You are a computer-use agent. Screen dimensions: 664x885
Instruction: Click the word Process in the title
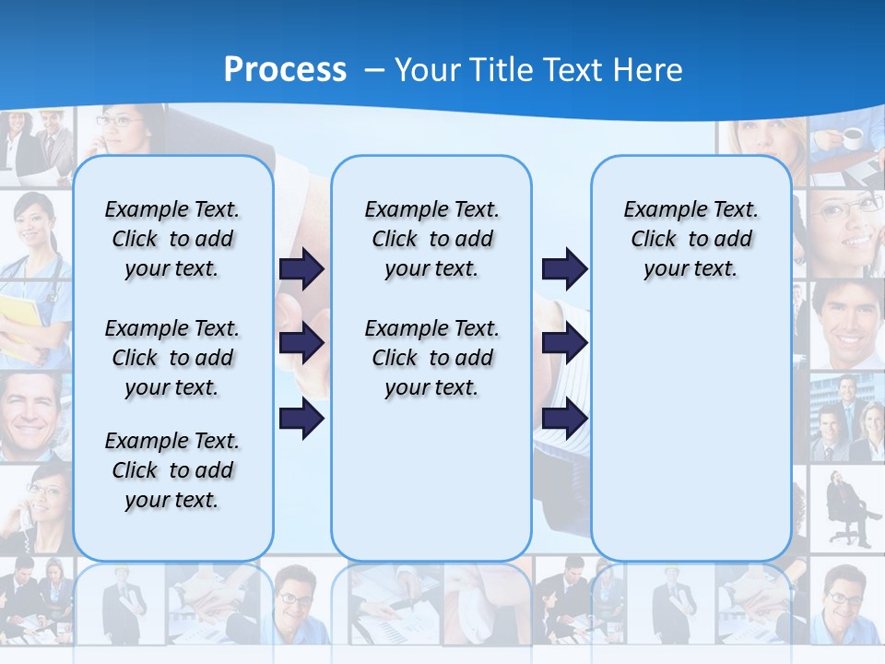[285, 69]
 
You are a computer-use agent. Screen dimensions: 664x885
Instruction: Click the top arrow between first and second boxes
[301, 269]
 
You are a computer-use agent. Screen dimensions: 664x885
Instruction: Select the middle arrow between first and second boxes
[301, 344]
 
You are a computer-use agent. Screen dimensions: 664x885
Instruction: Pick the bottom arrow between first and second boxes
[301, 420]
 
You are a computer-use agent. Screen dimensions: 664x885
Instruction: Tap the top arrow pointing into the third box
[564, 269]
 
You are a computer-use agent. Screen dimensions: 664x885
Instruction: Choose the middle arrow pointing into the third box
[564, 344]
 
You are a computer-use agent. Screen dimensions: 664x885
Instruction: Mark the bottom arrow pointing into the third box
[564, 420]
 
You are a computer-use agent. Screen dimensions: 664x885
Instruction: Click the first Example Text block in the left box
[172, 239]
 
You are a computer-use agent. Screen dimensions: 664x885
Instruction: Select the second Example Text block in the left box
[172, 358]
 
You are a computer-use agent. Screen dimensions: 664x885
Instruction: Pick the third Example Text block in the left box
[172, 470]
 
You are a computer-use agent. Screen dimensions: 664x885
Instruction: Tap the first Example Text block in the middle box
[431, 239]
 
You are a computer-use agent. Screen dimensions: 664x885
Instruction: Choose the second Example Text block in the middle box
[431, 358]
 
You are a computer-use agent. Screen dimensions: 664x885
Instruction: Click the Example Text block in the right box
[690, 239]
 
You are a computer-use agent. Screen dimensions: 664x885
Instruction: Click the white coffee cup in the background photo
[852, 138]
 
